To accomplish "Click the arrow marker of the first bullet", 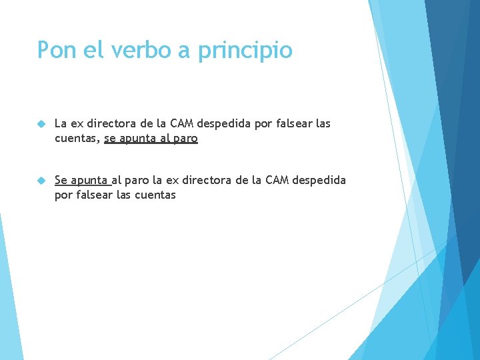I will [x=41, y=124].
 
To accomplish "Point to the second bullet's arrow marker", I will [x=41, y=180].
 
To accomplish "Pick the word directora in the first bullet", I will [x=110, y=123].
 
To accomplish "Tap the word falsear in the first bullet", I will [x=293, y=123].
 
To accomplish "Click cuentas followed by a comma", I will [x=77, y=139].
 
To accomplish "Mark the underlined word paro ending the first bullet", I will [x=185, y=139].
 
